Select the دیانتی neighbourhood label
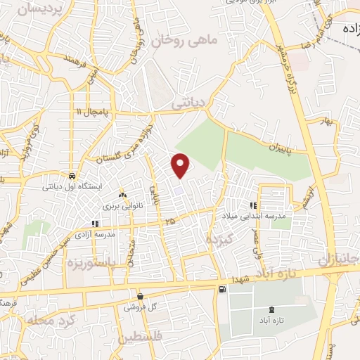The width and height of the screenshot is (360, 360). (188, 102)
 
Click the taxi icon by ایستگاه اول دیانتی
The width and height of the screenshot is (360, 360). (72, 176)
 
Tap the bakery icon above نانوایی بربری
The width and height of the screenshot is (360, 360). (122, 195)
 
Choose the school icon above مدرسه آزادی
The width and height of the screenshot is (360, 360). (95, 224)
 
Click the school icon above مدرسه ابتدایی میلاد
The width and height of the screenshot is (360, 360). (252, 206)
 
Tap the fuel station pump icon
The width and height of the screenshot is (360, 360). (223, 289)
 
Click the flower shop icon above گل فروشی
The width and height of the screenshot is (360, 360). (140, 296)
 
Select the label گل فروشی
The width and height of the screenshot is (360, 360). (140, 307)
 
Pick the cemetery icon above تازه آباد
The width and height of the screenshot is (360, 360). (272, 310)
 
